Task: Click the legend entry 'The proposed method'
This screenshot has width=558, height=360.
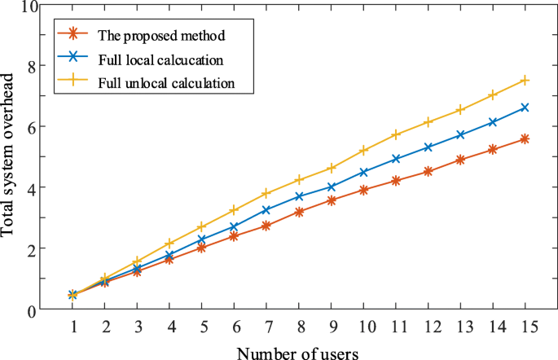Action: pyautogui.click(x=160, y=36)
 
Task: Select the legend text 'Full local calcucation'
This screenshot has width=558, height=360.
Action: pyautogui.click(x=160, y=59)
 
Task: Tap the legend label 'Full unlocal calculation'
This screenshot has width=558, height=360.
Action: pyautogui.click(x=166, y=83)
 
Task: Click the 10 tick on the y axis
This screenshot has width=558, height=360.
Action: pyautogui.click(x=30, y=7)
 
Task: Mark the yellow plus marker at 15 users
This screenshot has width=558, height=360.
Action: pyautogui.click(x=525, y=80)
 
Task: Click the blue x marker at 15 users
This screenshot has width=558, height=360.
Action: pyautogui.click(x=525, y=108)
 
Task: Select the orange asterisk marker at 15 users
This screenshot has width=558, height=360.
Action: pyautogui.click(x=525, y=139)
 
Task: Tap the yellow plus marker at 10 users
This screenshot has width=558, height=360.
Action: pyautogui.click(x=363, y=151)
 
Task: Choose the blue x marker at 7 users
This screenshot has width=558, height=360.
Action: pyautogui.click(x=266, y=210)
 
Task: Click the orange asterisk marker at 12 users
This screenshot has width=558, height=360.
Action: pyautogui.click(x=428, y=171)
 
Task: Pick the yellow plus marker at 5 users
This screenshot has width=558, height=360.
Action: pyautogui.click(x=202, y=226)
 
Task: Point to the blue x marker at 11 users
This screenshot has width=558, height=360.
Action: pyautogui.click(x=397, y=159)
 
